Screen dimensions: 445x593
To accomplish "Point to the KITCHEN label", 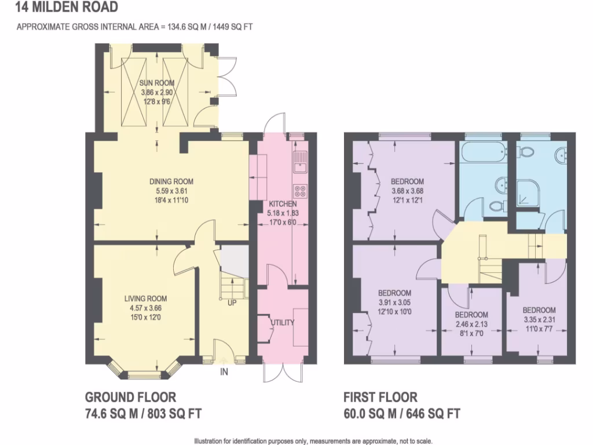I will pos(283,204).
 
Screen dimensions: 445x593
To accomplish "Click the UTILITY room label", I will pos(283,323).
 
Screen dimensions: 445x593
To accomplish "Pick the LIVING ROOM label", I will pos(145,299).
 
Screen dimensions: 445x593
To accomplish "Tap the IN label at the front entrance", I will pos(224,372).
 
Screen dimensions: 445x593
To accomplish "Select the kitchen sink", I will pos(300,162).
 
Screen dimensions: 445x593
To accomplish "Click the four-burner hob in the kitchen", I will pos(301,190).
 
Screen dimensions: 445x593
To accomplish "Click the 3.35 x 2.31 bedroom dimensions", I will pos(539,319).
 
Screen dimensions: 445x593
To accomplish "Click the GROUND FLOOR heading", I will pos(130,397).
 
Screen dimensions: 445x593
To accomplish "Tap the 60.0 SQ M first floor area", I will pos(371,414).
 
